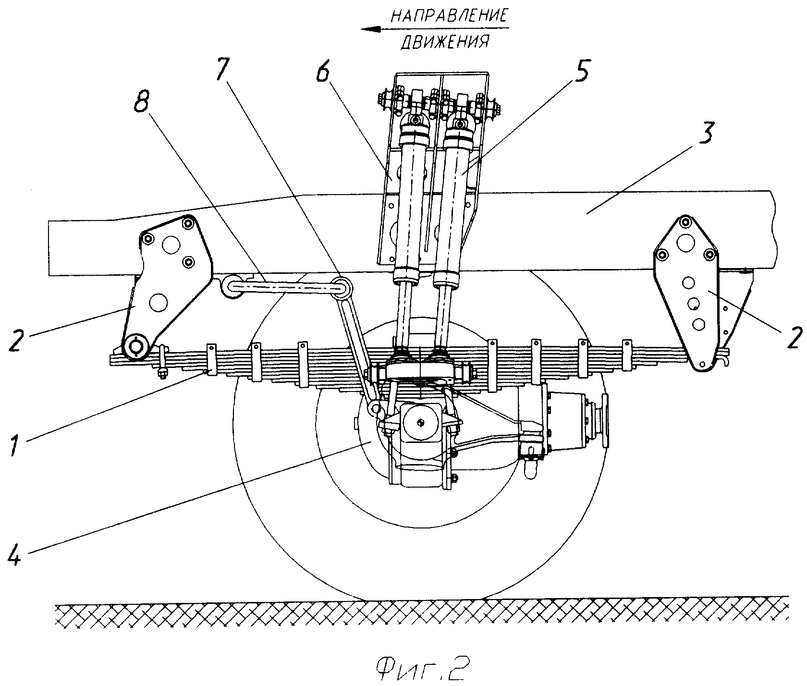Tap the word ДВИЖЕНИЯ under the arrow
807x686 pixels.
[x=445, y=43]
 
